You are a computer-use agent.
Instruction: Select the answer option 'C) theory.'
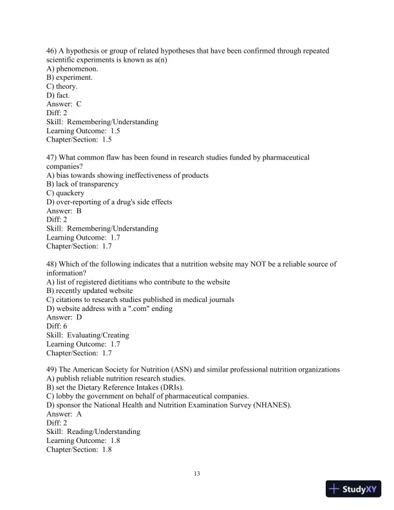pos(62,86)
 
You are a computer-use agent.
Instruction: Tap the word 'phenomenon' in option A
pos(77,68)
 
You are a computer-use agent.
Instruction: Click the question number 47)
pos(52,157)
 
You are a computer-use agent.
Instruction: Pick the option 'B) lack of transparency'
pos(82,184)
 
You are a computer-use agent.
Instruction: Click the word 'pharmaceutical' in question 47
pos(286,157)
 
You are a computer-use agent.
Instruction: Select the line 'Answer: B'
pos(64,211)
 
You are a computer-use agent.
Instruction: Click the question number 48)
pos(52,264)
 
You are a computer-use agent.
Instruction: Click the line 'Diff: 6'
pos(57,326)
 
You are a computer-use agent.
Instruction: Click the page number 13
pos(197,475)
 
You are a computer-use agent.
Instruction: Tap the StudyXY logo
pos(353,489)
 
